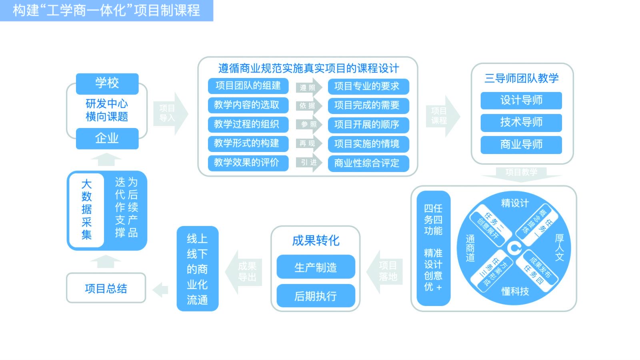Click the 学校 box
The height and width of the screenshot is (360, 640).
107,84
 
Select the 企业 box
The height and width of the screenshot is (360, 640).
107,138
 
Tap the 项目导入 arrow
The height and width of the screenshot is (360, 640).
170,113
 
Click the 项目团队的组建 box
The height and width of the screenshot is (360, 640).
248,86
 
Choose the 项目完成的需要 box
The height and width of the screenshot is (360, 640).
368,105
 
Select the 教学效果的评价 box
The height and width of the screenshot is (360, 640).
248,163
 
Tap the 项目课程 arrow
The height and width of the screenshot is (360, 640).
442,116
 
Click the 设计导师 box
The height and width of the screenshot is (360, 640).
521,100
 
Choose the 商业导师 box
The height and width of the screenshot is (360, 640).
521,144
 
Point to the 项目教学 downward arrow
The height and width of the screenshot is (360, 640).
521,173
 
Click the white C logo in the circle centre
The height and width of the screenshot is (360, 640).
514,248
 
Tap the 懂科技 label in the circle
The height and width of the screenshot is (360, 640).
515,291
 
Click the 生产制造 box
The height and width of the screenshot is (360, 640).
316,267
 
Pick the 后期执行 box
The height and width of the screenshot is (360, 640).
316,296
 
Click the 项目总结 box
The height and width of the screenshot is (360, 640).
106,288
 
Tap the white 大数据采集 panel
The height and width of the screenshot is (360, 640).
86,210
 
